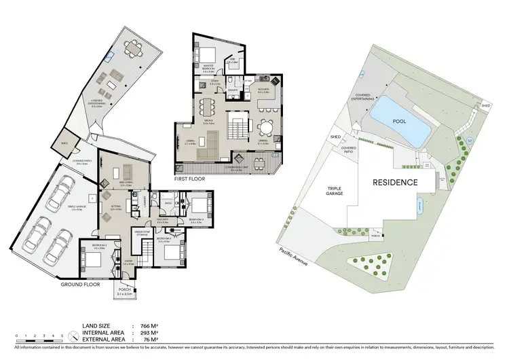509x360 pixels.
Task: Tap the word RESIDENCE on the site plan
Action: (x=394, y=183)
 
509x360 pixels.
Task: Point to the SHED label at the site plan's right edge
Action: (x=486, y=106)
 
